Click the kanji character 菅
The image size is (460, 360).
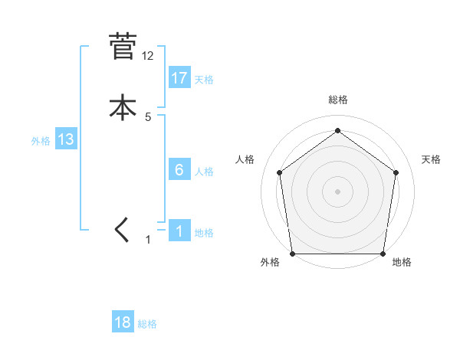point(123,47)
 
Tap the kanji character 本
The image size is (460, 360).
point(123,106)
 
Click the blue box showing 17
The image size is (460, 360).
point(179,78)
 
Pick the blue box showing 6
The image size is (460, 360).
point(179,169)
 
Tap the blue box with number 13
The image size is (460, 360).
point(65,139)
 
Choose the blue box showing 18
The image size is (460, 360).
point(123,322)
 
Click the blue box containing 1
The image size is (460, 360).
point(179,231)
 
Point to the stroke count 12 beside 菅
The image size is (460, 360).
point(148,56)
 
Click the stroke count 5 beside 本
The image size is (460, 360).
point(148,117)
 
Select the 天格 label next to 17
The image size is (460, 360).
point(204,80)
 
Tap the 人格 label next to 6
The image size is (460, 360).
point(204,172)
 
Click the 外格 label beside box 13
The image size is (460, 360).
point(41,141)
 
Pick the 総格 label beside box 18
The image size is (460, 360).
point(147,324)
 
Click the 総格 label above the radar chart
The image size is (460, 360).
point(338,100)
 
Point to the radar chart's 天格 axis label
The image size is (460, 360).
point(432,159)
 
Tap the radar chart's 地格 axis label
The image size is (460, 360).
point(402,262)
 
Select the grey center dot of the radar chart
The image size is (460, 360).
point(338,191)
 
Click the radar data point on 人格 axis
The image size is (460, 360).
point(279,172)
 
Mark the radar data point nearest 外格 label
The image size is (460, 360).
point(293,254)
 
